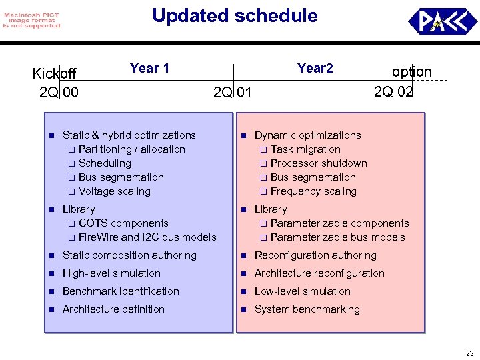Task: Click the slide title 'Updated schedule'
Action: point(235,16)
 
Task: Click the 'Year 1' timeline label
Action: point(149,68)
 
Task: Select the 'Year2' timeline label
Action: point(315,68)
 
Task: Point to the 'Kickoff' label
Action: point(55,73)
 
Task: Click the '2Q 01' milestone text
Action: point(233,92)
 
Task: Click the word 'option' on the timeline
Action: point(412,72)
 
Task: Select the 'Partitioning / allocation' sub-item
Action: point(131,149)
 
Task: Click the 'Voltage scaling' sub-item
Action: point(114,191)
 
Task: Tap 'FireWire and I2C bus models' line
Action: point(147,237)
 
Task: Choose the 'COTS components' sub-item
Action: point(123,223)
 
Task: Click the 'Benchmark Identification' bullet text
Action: point(121,291)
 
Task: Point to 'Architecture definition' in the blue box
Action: point(113,309)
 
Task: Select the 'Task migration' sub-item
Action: point(305,149)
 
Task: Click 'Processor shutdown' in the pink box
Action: point(319,163)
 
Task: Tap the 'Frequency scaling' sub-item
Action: point(313,191)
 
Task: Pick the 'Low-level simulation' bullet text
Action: point(302,291)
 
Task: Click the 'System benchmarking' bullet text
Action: point(307,309)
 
